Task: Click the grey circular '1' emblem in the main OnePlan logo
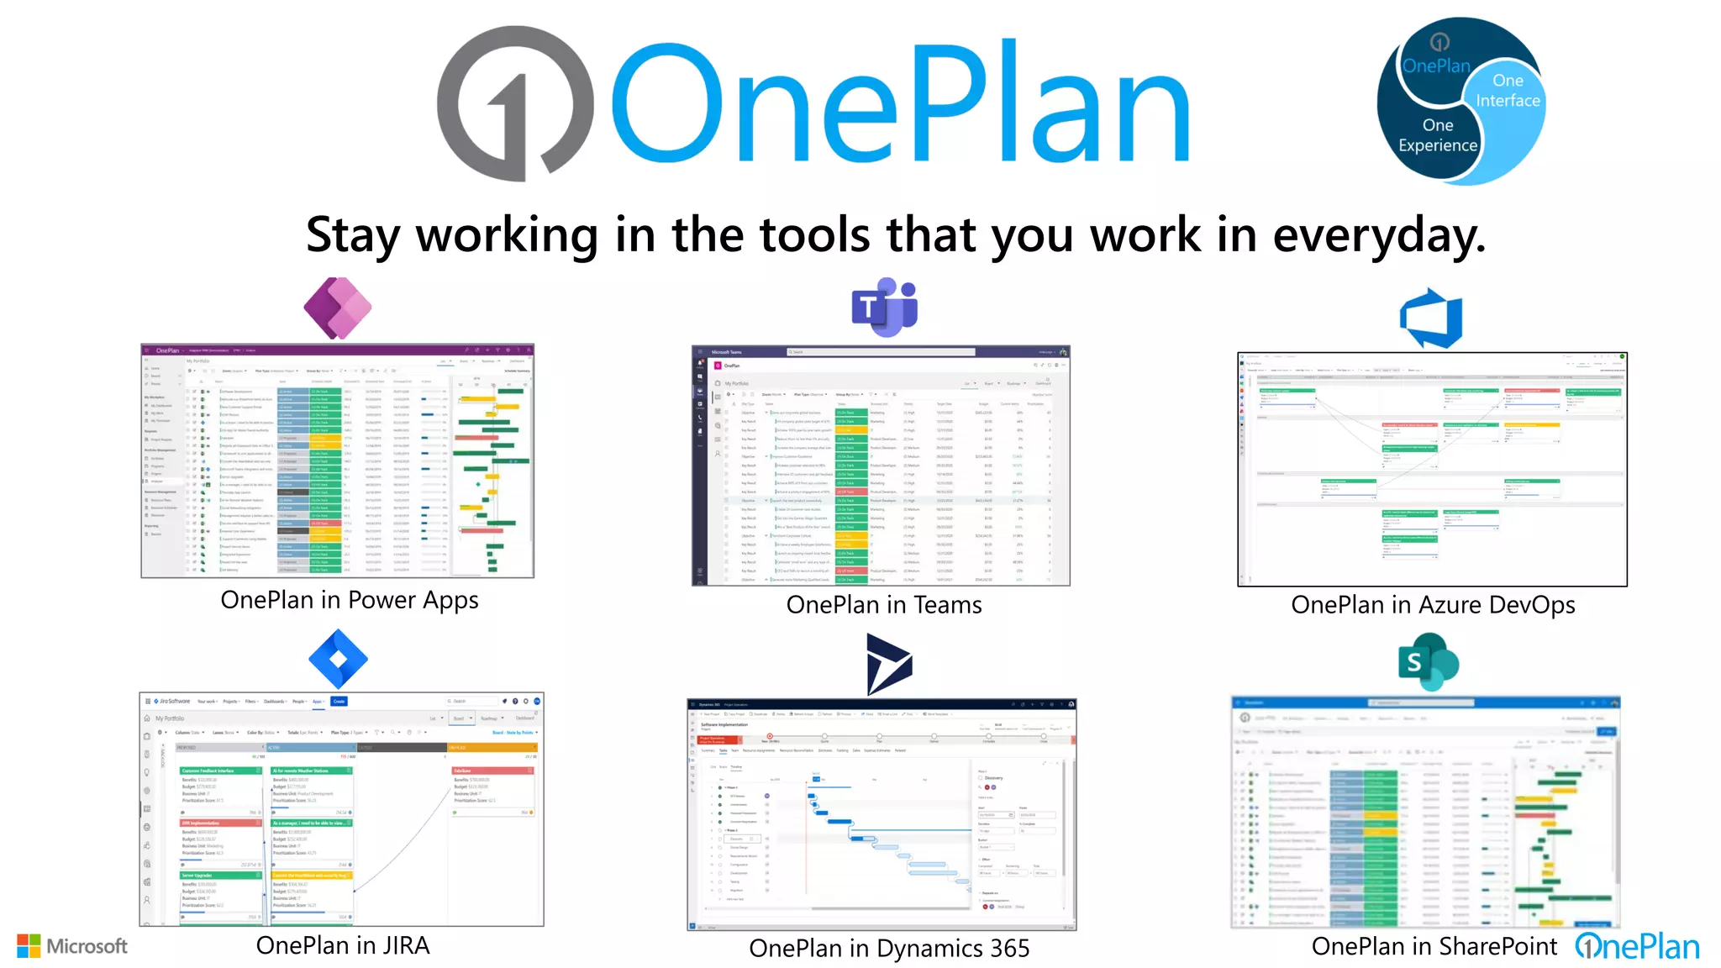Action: [x=514, y=103]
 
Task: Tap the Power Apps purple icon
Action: [x=337, y=308]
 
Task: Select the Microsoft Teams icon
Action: [x=884, y=307]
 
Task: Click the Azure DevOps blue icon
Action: [x=1431, y=318]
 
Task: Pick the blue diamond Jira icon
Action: [x=338, y=660]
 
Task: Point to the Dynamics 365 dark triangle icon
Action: [x=887, y=664]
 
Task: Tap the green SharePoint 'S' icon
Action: [x=1427, y=662]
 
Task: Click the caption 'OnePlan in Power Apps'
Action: [x=350, y=600]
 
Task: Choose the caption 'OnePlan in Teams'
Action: [x=884, y=605]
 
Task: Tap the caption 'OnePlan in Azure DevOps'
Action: [x=1433, y=605]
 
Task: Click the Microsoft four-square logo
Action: [x=29, y=946]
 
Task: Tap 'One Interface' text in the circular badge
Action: [x=1508, y=91]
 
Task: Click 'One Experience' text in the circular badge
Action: [x=1438, y=135]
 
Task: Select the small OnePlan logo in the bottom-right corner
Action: [x=1637, y=947]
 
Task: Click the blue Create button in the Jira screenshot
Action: [x=339, y=701]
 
